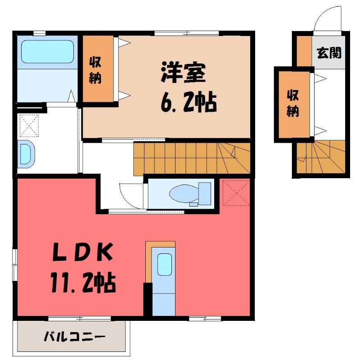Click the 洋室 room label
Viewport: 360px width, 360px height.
(x=183, y=72)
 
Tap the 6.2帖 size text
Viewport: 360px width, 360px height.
(x=189, y=102)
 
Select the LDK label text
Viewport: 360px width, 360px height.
(x=83, y=252)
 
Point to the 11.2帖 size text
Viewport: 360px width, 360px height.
(x=83, y=282)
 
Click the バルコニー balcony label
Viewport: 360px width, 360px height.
(x=75, y=337)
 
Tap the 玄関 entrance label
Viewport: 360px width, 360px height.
(x=329, y=53)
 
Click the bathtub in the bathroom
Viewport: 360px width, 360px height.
(x=47, y=52)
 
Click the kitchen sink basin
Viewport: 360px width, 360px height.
(x=165, y=264)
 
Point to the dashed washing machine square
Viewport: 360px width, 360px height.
(x=29, y=126)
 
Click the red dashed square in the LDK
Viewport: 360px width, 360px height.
(x=236, y=193)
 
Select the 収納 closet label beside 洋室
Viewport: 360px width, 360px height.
(x=95, y=70)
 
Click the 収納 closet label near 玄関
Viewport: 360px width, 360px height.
(x=293, y=104)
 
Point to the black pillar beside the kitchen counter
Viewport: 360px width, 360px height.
(x=148, y=299)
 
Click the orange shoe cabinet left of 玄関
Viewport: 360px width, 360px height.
(x=304, y=51)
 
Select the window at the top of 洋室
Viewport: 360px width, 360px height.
(x=186, y=33)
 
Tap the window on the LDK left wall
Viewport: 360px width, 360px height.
(x=15, y=265)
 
